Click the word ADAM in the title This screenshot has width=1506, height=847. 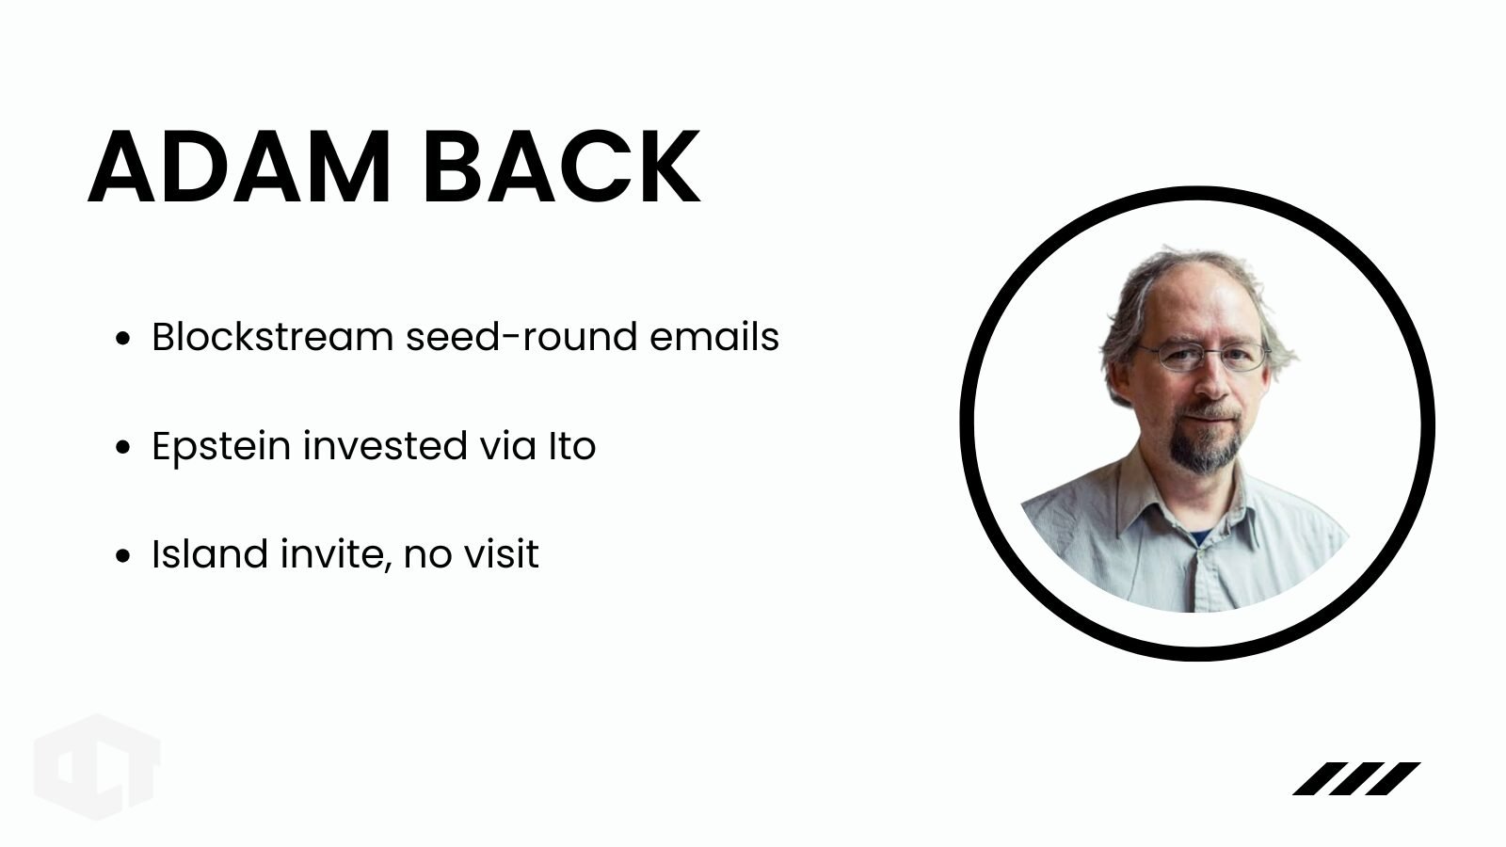coord(239,166)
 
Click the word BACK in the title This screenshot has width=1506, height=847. coord(562,166)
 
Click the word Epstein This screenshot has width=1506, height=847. coord(221,447)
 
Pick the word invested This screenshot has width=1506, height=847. coord(385,446)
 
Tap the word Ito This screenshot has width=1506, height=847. coord(572,446)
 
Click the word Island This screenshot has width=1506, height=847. coord(210,554)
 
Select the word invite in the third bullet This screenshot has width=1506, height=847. coord(335,556)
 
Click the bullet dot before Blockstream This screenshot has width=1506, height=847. coord(122,338)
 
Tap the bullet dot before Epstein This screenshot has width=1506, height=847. coord(122,447)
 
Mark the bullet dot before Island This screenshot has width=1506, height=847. coord(122,556)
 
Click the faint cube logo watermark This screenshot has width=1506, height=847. coord(98,767)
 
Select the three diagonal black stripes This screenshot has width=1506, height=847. coord(1356,778)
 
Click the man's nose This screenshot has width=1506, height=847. coord(1211,380)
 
